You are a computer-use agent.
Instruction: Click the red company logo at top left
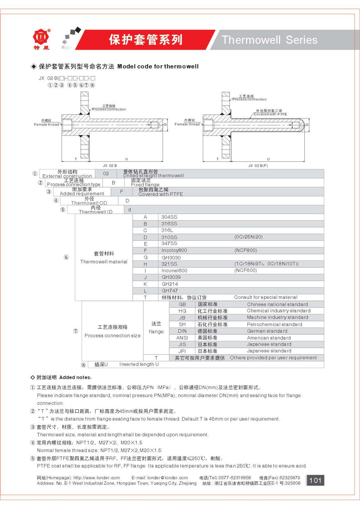pyautogui.click(x=41, y=37)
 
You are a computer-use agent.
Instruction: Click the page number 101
pyautogui.click(x=315, y=480)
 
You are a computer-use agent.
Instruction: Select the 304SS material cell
pyautogui.click(x=169, y=217)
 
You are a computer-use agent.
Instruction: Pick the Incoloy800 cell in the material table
pyautogui.click(x=174, y=250)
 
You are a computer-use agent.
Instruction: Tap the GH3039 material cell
pyautogui.click(x=171, y=277)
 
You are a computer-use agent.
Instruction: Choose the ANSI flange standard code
pyautogui.click(x=182, y=338)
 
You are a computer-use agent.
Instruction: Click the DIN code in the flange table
pyautogui.click(x=182, y=331)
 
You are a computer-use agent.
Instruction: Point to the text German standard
pyautogui.click(x=267, y=331)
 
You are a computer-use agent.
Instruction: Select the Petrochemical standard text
pyautogui.click(x=274, y=324)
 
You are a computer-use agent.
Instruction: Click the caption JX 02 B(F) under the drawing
pyautogui.click(x=258, y=166)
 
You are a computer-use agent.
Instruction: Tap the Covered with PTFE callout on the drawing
pyautogui.click(x=270, y=114)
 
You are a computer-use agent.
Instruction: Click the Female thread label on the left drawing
pyautogui.click(x=46, y=125)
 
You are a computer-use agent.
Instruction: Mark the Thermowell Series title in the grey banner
pyautogui.click(x=269, y=40)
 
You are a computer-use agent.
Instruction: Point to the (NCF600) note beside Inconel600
pyautogui.click(x=246, y=270)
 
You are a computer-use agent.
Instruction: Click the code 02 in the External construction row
pyautogui.click(x=106, y=174)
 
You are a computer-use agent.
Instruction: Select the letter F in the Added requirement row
pyautogui.click(x=121, y=192)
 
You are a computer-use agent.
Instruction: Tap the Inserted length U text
pyautogui.click(x=139, y=364)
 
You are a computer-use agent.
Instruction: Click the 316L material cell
pyautogui.click(x=167, y=230)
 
